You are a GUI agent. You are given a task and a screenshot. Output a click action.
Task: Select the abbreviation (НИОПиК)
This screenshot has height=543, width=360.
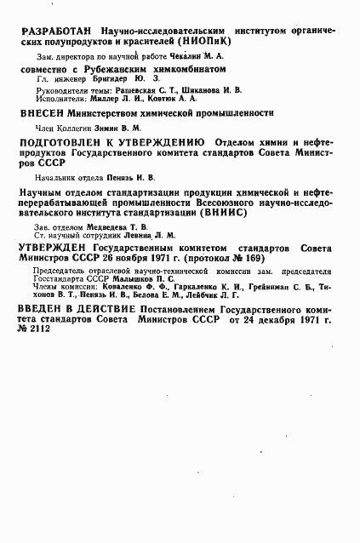tap(205, 41)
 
